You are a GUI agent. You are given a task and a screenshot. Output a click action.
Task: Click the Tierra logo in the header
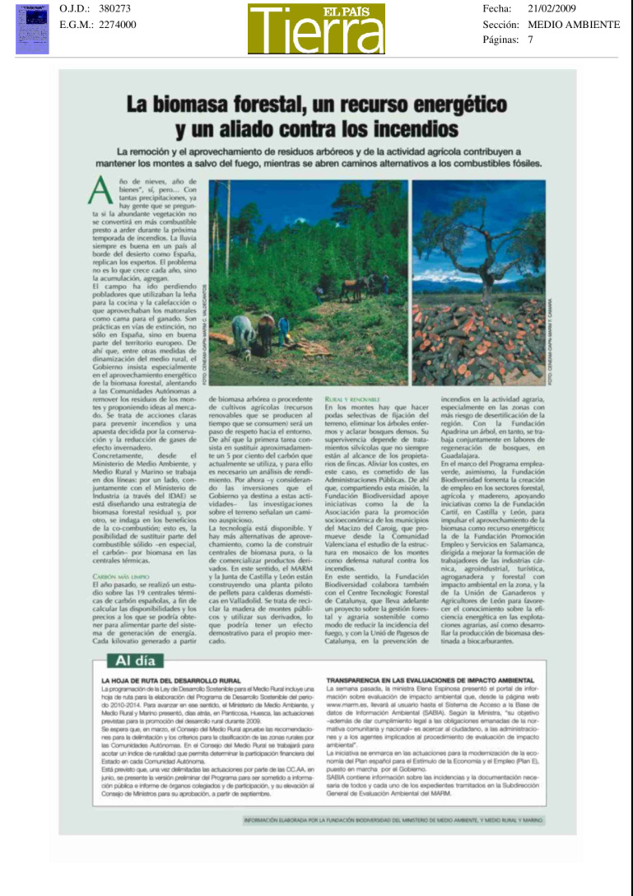coord(316,30)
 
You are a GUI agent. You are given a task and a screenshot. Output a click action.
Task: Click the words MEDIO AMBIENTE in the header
coord(574,25)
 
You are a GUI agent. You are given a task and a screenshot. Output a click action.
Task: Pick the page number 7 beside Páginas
coord(531,40)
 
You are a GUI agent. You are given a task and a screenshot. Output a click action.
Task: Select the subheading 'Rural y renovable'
coord(351,399)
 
